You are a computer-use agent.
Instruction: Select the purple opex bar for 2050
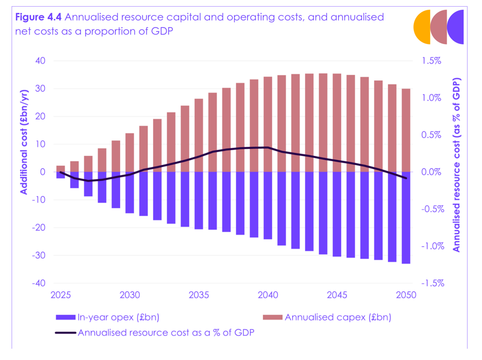pos(406,217)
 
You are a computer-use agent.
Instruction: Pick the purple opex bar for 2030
pos(130,192)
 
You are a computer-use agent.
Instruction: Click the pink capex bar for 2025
pos(61,169)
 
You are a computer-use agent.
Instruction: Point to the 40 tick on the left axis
pos(40,61)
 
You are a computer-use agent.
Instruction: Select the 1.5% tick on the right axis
pos(431,61)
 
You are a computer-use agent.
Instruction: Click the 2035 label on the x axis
pos(199,295)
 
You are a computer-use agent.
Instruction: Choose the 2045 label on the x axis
pos(337,295)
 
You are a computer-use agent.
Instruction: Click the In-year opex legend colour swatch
pos(65,317)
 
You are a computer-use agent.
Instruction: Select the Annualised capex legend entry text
pos(338,317)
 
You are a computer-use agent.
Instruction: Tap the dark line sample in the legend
pos(65,332)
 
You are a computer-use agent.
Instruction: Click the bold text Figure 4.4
pos(38,17)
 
